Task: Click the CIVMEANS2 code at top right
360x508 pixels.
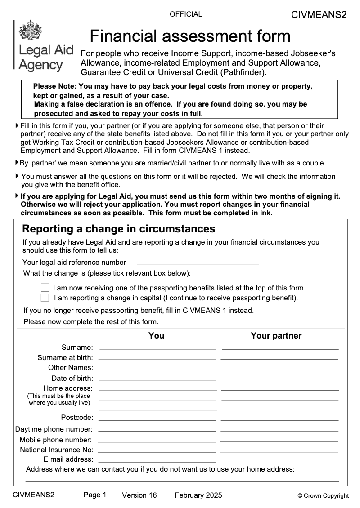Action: [x=319, y=15]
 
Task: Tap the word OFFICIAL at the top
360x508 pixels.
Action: [x=186, y=14]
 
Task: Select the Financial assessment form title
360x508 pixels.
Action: [x=190, y=36]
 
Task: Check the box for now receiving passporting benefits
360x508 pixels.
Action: [x=45, y=288]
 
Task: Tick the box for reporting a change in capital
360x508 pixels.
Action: [x=45, y=298]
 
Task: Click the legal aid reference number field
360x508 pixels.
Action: [x=198, y=262]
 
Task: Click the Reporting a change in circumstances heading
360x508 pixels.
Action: [x=119, y=229]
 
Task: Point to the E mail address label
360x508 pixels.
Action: [x=68, y=459]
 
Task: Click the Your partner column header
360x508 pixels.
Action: [x=276, y=335]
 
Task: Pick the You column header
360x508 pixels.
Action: [x=156, y=335]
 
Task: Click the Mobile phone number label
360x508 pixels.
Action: [x=55, y=440]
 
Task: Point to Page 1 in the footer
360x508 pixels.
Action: [x=95, y=495]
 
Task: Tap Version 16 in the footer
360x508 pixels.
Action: [x=139, y=495]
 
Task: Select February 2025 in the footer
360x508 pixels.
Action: [x=198, y=495]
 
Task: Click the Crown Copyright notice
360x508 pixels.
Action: [x=323, y=496]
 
